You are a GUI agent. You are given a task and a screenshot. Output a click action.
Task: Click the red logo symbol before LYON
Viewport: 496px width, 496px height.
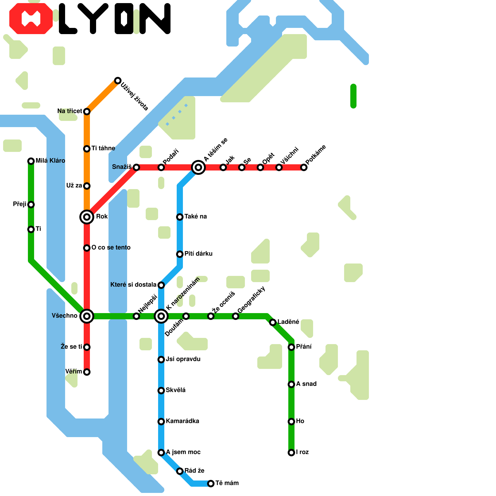click(31, 19)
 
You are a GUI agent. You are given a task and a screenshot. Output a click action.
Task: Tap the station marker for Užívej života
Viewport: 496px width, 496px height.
click(117, 81)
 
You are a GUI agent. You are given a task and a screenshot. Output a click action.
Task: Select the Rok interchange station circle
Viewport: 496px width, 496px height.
click(87, 217)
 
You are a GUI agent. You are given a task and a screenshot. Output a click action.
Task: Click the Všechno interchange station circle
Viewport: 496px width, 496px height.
click(87, 316)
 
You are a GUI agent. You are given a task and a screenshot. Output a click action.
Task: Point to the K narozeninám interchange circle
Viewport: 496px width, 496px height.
click(161, 316)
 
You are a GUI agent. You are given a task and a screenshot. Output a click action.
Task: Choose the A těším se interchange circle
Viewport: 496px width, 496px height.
click(198, 167)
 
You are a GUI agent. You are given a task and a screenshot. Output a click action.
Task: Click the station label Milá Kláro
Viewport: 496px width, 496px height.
click(50, 161)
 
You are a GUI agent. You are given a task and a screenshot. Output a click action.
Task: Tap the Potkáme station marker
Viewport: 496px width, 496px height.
click(304, 167)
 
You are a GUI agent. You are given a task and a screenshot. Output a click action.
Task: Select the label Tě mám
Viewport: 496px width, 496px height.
click(227, 483)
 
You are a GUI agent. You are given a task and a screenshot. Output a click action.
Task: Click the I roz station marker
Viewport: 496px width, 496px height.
click(291, 453)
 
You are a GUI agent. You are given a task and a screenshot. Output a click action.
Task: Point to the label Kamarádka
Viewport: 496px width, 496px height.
click(182, 421)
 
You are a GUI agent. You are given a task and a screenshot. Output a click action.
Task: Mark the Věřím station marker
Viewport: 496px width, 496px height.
click(87, 372)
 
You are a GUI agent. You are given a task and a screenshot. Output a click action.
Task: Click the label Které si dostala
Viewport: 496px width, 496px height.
click(133, 285)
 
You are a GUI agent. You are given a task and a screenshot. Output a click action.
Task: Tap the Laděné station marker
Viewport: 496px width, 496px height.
click(272, 322)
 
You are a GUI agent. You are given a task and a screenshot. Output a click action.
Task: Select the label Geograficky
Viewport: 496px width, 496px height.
click(251, 300)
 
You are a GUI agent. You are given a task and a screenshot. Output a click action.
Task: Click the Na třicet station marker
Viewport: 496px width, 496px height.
click(87, 111)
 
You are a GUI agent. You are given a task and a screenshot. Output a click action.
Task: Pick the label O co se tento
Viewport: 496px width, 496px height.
click(111, 247)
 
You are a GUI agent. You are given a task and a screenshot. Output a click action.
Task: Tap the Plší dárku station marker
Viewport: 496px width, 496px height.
click(180, 254)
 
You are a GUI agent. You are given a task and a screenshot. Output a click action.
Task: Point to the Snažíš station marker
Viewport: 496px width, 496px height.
click(136, 167)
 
